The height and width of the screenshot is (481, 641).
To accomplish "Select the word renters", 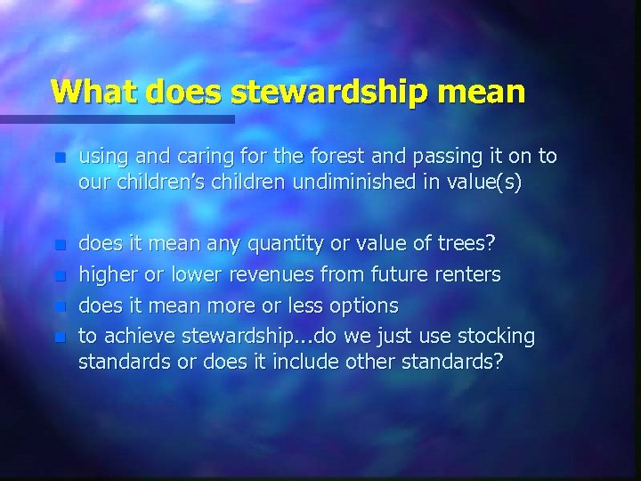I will pyautogui.click(x=465, y=274).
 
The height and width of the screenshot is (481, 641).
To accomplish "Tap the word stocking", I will pyautogui.click(x=496, y=337).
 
